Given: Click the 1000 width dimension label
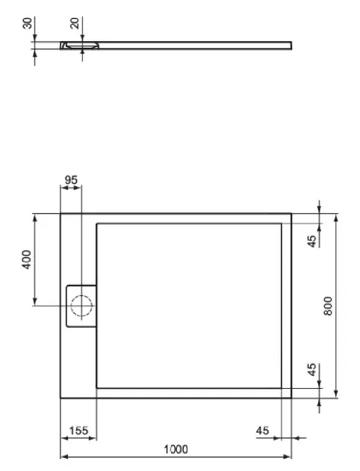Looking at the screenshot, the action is click(176, 449).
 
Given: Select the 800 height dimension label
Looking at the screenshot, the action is click(328, 306).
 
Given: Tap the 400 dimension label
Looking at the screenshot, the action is click(27, 259).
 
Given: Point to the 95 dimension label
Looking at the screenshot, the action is click(71, 180).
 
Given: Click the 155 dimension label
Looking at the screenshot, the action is click(78, 431).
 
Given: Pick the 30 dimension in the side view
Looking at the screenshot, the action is click(28, 23).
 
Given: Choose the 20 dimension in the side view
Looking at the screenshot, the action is click(75, 23).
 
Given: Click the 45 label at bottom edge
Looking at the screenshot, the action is click(262, 431).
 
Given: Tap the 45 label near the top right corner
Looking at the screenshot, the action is click(312, 241).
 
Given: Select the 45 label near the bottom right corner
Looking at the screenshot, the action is click(312, 369).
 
